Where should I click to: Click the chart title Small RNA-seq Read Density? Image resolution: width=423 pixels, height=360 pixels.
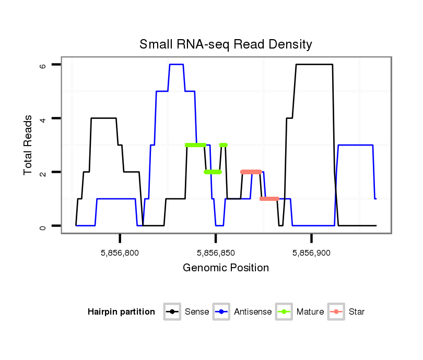tap(226, 44)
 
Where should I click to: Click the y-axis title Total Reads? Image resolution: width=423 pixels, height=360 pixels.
tap(29, 145)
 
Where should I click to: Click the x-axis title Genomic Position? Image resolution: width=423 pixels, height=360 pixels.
tap(226, 268)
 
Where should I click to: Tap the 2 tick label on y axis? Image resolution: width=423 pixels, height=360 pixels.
tap(43, 172)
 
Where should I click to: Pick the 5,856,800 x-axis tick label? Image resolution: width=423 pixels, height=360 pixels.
tap(120, 253)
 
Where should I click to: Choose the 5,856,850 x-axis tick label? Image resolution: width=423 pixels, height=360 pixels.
tap(216, 253)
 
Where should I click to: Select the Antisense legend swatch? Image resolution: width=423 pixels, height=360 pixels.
tap(221, 312)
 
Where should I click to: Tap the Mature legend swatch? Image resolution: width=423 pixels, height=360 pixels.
tap(284, 312)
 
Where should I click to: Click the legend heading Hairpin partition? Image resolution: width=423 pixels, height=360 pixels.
tap(121, 312)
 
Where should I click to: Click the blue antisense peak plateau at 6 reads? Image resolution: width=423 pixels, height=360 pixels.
tap(177, 64)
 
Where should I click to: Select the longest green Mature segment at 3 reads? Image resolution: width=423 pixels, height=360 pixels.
tap(195, 145)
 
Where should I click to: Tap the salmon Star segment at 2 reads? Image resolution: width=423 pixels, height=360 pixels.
tap(251, 172)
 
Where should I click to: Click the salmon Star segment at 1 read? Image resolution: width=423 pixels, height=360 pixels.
tap(269, 199)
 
